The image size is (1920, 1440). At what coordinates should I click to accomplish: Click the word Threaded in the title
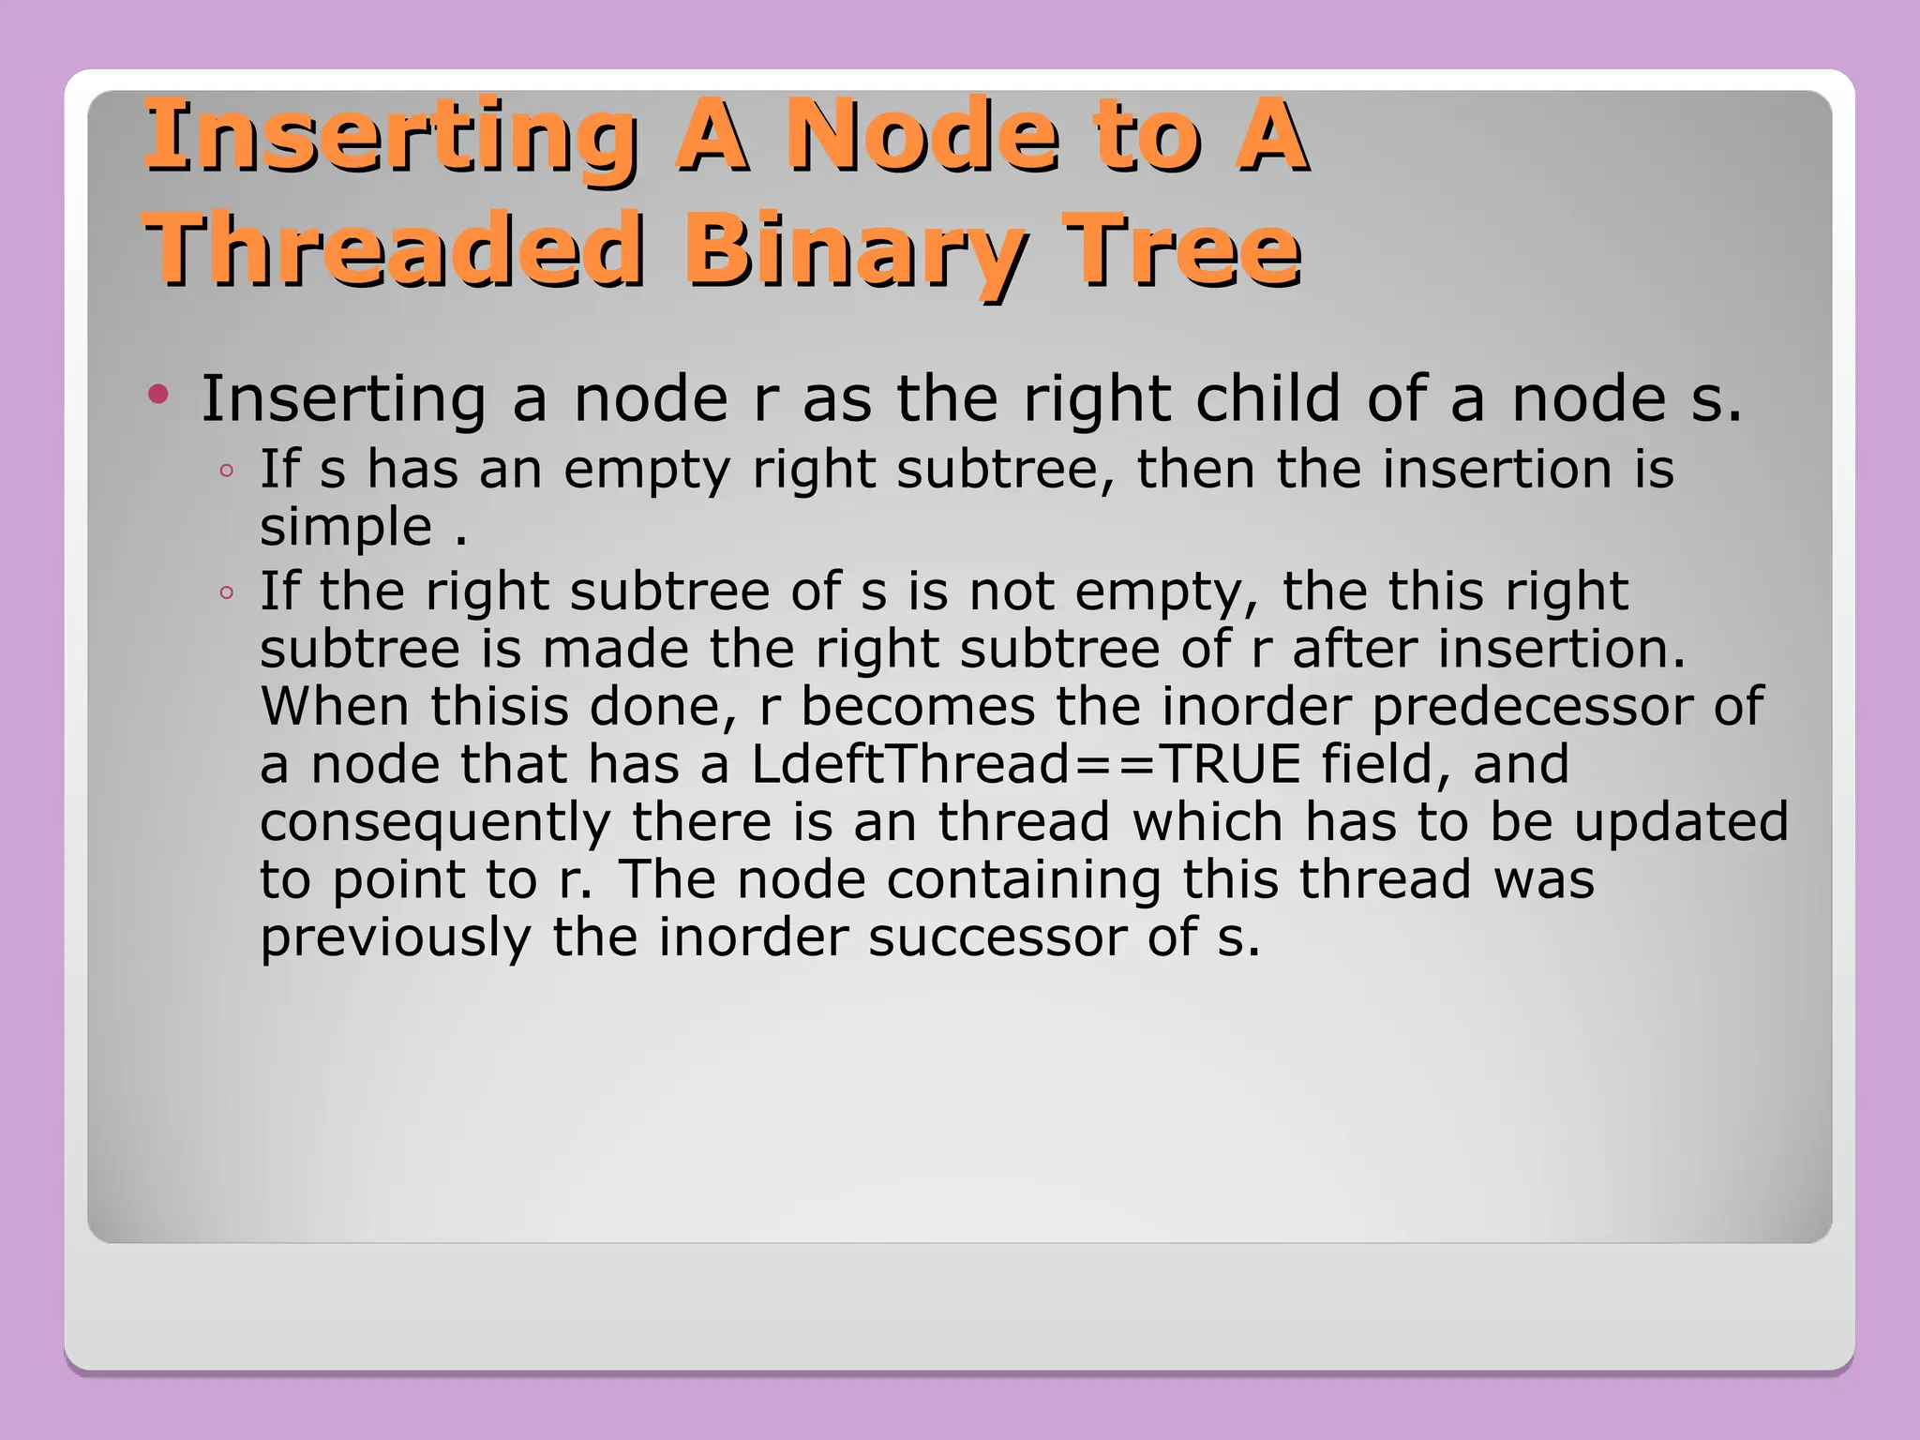click(x=394, y=248)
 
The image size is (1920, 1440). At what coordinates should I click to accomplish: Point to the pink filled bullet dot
click(x=158, y=394)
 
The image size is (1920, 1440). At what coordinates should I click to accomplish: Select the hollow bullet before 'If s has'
click(x=226, y=471)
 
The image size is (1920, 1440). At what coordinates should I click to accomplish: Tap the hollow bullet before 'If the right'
click(x=226, y=592)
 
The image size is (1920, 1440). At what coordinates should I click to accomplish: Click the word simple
click(x=345, y=527)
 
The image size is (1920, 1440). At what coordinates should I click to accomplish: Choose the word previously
click(x=395, y=937)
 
